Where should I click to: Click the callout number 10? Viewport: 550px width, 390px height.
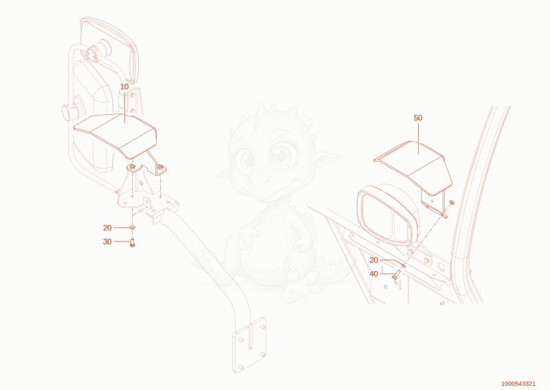(x=124, y=87)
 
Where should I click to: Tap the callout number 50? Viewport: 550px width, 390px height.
(x=418, y=118)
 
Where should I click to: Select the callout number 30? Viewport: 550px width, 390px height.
(x=107, y=241)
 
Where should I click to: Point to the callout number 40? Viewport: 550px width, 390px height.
(x=373, y=274)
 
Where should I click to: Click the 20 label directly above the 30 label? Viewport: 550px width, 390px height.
(x=107, y=228)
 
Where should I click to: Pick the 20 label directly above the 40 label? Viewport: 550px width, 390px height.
(x=373, y=260)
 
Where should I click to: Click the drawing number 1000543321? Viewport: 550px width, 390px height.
(x=518, y=384)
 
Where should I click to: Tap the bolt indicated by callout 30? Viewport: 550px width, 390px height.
(x=132, y=243)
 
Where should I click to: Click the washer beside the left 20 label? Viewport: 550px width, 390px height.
(x=132, y=228)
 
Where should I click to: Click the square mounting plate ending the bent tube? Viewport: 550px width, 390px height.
(x=250, y=345)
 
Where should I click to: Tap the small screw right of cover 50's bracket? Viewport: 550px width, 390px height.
(x=452, y=202)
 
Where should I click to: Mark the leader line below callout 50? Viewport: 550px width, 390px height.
(x=418, y=138)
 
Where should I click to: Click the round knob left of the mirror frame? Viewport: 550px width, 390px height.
(x=70, y=112)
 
